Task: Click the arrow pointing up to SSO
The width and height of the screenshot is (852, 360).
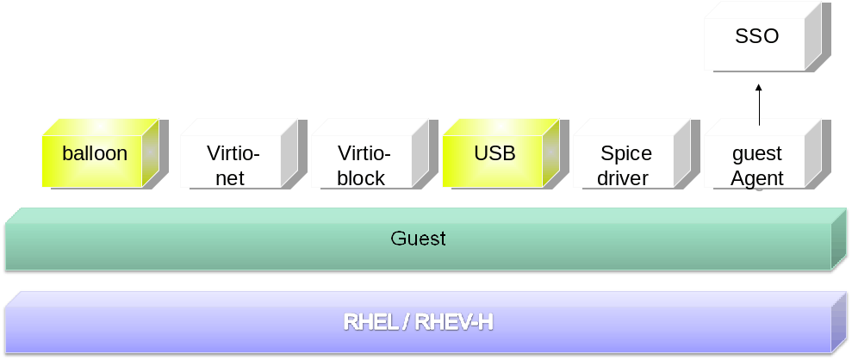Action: coord(759,103)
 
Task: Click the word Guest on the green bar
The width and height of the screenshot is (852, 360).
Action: coord(419,239)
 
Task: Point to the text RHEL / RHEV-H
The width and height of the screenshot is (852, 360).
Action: coord(419,323)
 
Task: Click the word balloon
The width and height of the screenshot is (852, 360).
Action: coord(95,154)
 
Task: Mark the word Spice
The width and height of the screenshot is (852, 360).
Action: coord(626,154)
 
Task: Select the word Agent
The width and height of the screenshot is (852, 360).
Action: coord(757,179)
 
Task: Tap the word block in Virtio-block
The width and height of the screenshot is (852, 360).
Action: coord(362,179)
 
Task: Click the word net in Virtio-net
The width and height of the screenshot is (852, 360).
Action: coord(230,179)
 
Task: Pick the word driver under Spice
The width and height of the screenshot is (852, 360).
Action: coord(623,179)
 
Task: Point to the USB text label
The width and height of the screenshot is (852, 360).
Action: coord(494,154)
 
